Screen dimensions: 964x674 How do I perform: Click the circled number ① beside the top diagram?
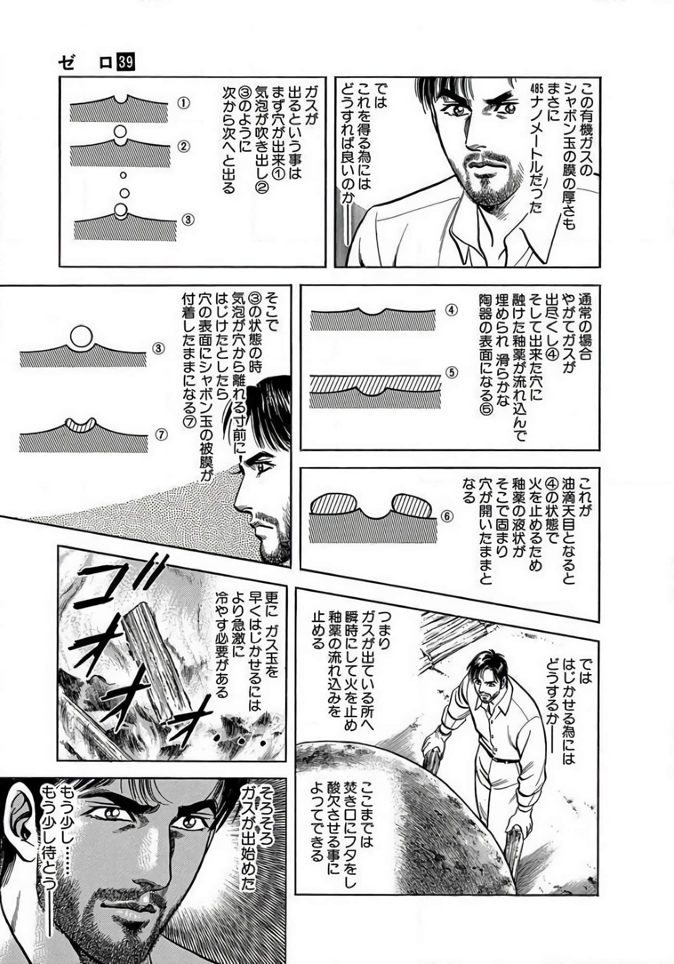[183, 103]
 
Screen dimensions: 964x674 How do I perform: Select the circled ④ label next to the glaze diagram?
[451, 310]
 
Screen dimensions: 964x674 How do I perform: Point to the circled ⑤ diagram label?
[452, 372]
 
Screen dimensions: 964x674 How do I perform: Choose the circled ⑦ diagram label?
[161, 434]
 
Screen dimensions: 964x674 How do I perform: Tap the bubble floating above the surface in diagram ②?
[119, 131]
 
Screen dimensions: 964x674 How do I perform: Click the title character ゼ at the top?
[67, 63]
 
